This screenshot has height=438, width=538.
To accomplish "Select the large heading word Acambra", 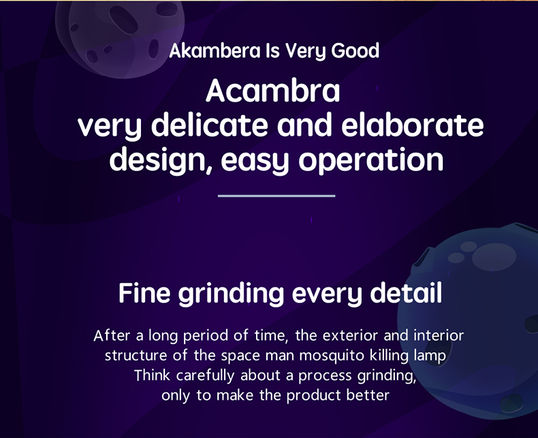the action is point(273,91).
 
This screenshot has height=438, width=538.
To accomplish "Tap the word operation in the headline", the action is point(371,160).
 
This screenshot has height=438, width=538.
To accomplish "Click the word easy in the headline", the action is point(255,161).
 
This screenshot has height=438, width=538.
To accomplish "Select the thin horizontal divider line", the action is point(276,196).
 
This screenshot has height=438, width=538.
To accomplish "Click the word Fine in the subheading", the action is point(144,293).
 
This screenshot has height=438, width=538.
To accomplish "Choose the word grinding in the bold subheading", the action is point(232,294).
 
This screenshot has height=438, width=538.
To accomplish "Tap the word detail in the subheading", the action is point(407,293).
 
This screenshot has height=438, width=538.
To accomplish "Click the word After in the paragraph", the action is point(112,335).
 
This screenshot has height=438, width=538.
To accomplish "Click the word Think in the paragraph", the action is point(152,375).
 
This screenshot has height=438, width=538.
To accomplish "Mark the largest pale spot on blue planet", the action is point(494,256).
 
